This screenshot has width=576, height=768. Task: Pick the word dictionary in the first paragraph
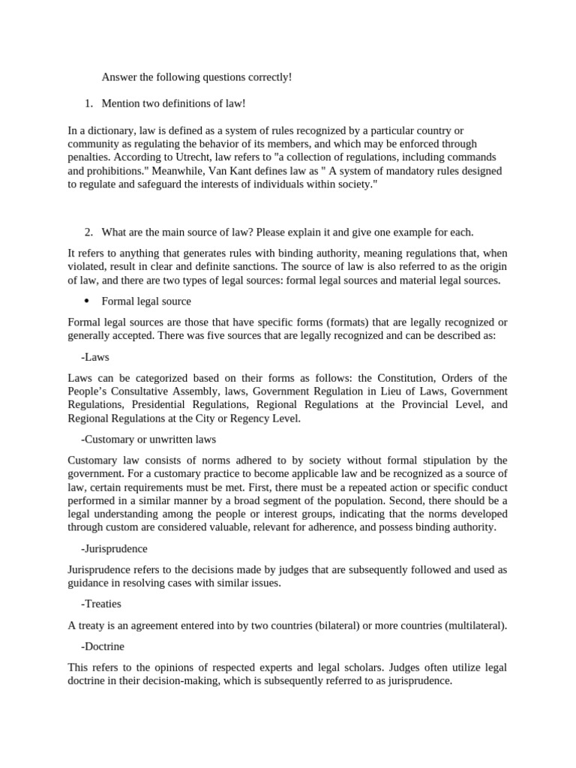104,130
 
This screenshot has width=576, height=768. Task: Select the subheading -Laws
94,358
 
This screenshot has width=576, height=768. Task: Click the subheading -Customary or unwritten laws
148,439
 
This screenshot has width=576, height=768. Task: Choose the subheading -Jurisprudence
113,548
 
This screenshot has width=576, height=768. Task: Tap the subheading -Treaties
100,603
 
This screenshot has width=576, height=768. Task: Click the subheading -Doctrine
102,646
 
